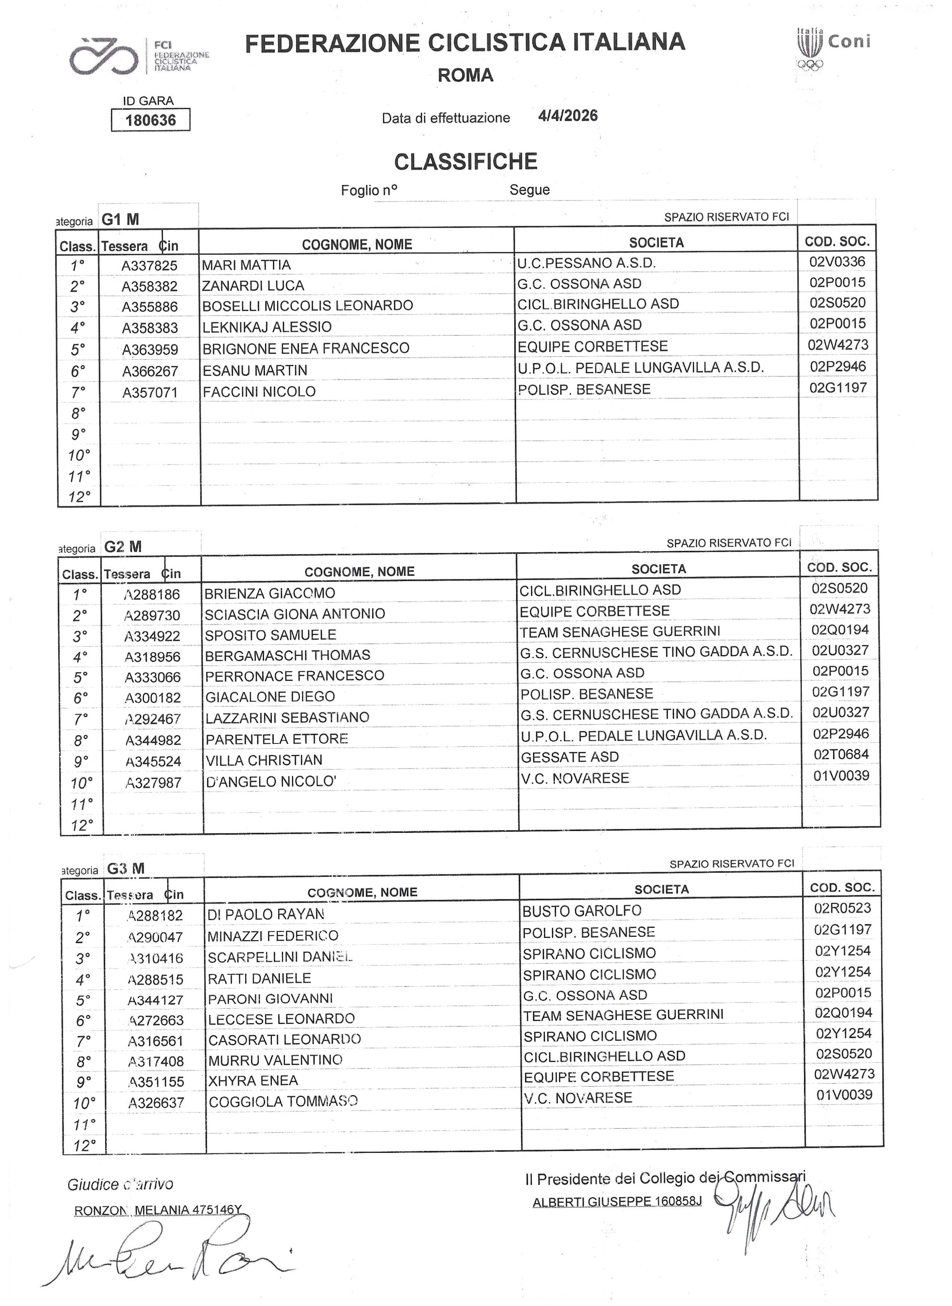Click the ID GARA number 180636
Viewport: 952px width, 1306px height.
click(x=150, y=120)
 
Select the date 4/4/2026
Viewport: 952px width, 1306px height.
click(x=568, y=116)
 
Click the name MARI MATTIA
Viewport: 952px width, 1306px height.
click(x=246, y=265)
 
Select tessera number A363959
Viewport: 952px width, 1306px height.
click(x=150, y=350)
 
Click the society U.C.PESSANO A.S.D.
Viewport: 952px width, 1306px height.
click(x=586, y=263)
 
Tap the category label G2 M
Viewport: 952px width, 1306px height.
click(x=123, y=547)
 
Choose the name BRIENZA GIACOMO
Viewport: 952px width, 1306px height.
click(x=270, y=594)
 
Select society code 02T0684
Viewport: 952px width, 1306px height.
click(x=841, y=754)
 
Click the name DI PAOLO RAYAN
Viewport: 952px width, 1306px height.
click(x=265, y=915)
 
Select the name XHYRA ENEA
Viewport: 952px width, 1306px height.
click(x=253, y=1080)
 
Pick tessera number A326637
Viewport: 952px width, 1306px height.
click(x=156, y=1103)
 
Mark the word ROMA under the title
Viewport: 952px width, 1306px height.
click(x=466, y=76)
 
